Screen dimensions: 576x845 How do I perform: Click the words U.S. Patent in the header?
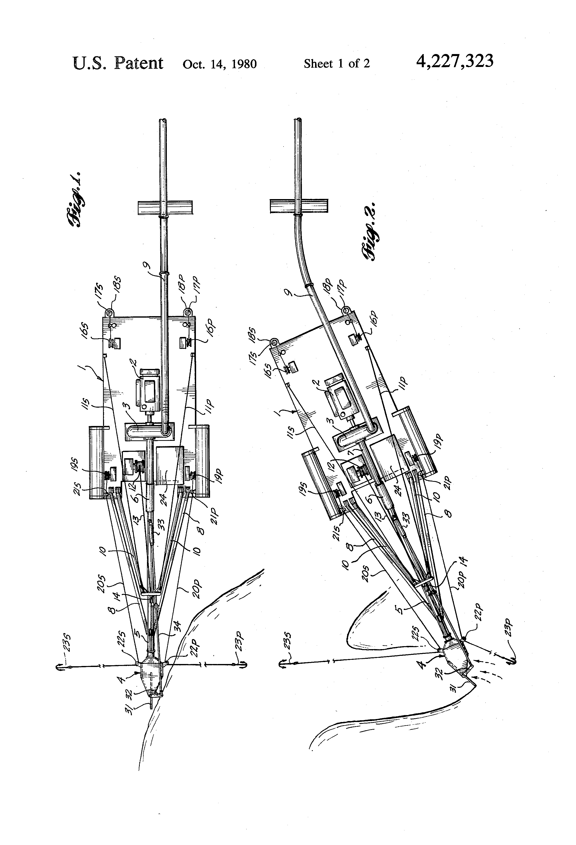click(x=118, y=63)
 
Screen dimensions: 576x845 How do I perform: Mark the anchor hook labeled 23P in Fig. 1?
click(x=243, y=665)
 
